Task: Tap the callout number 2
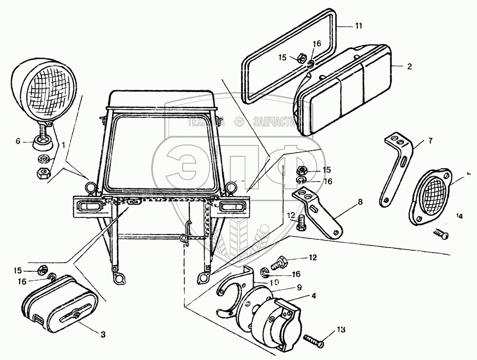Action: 409,67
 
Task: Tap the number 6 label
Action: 18,141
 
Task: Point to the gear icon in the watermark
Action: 238,122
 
